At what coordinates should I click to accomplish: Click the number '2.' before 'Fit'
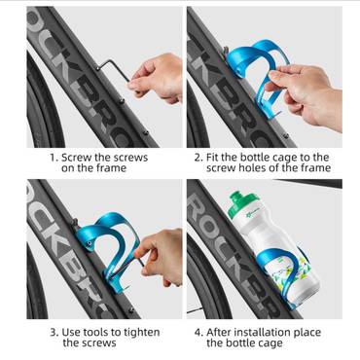(x=198, y=158)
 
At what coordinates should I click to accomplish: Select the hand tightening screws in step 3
(x=161, y=256)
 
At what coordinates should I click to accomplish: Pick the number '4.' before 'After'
(x=199, y=333)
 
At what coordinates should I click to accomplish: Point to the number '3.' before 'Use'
(x=54, y=333)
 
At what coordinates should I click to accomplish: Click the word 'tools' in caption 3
(x=95, y=333)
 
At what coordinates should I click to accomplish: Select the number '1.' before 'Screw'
(x=54, y=158)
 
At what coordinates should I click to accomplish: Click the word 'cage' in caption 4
(x=271, y=343)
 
